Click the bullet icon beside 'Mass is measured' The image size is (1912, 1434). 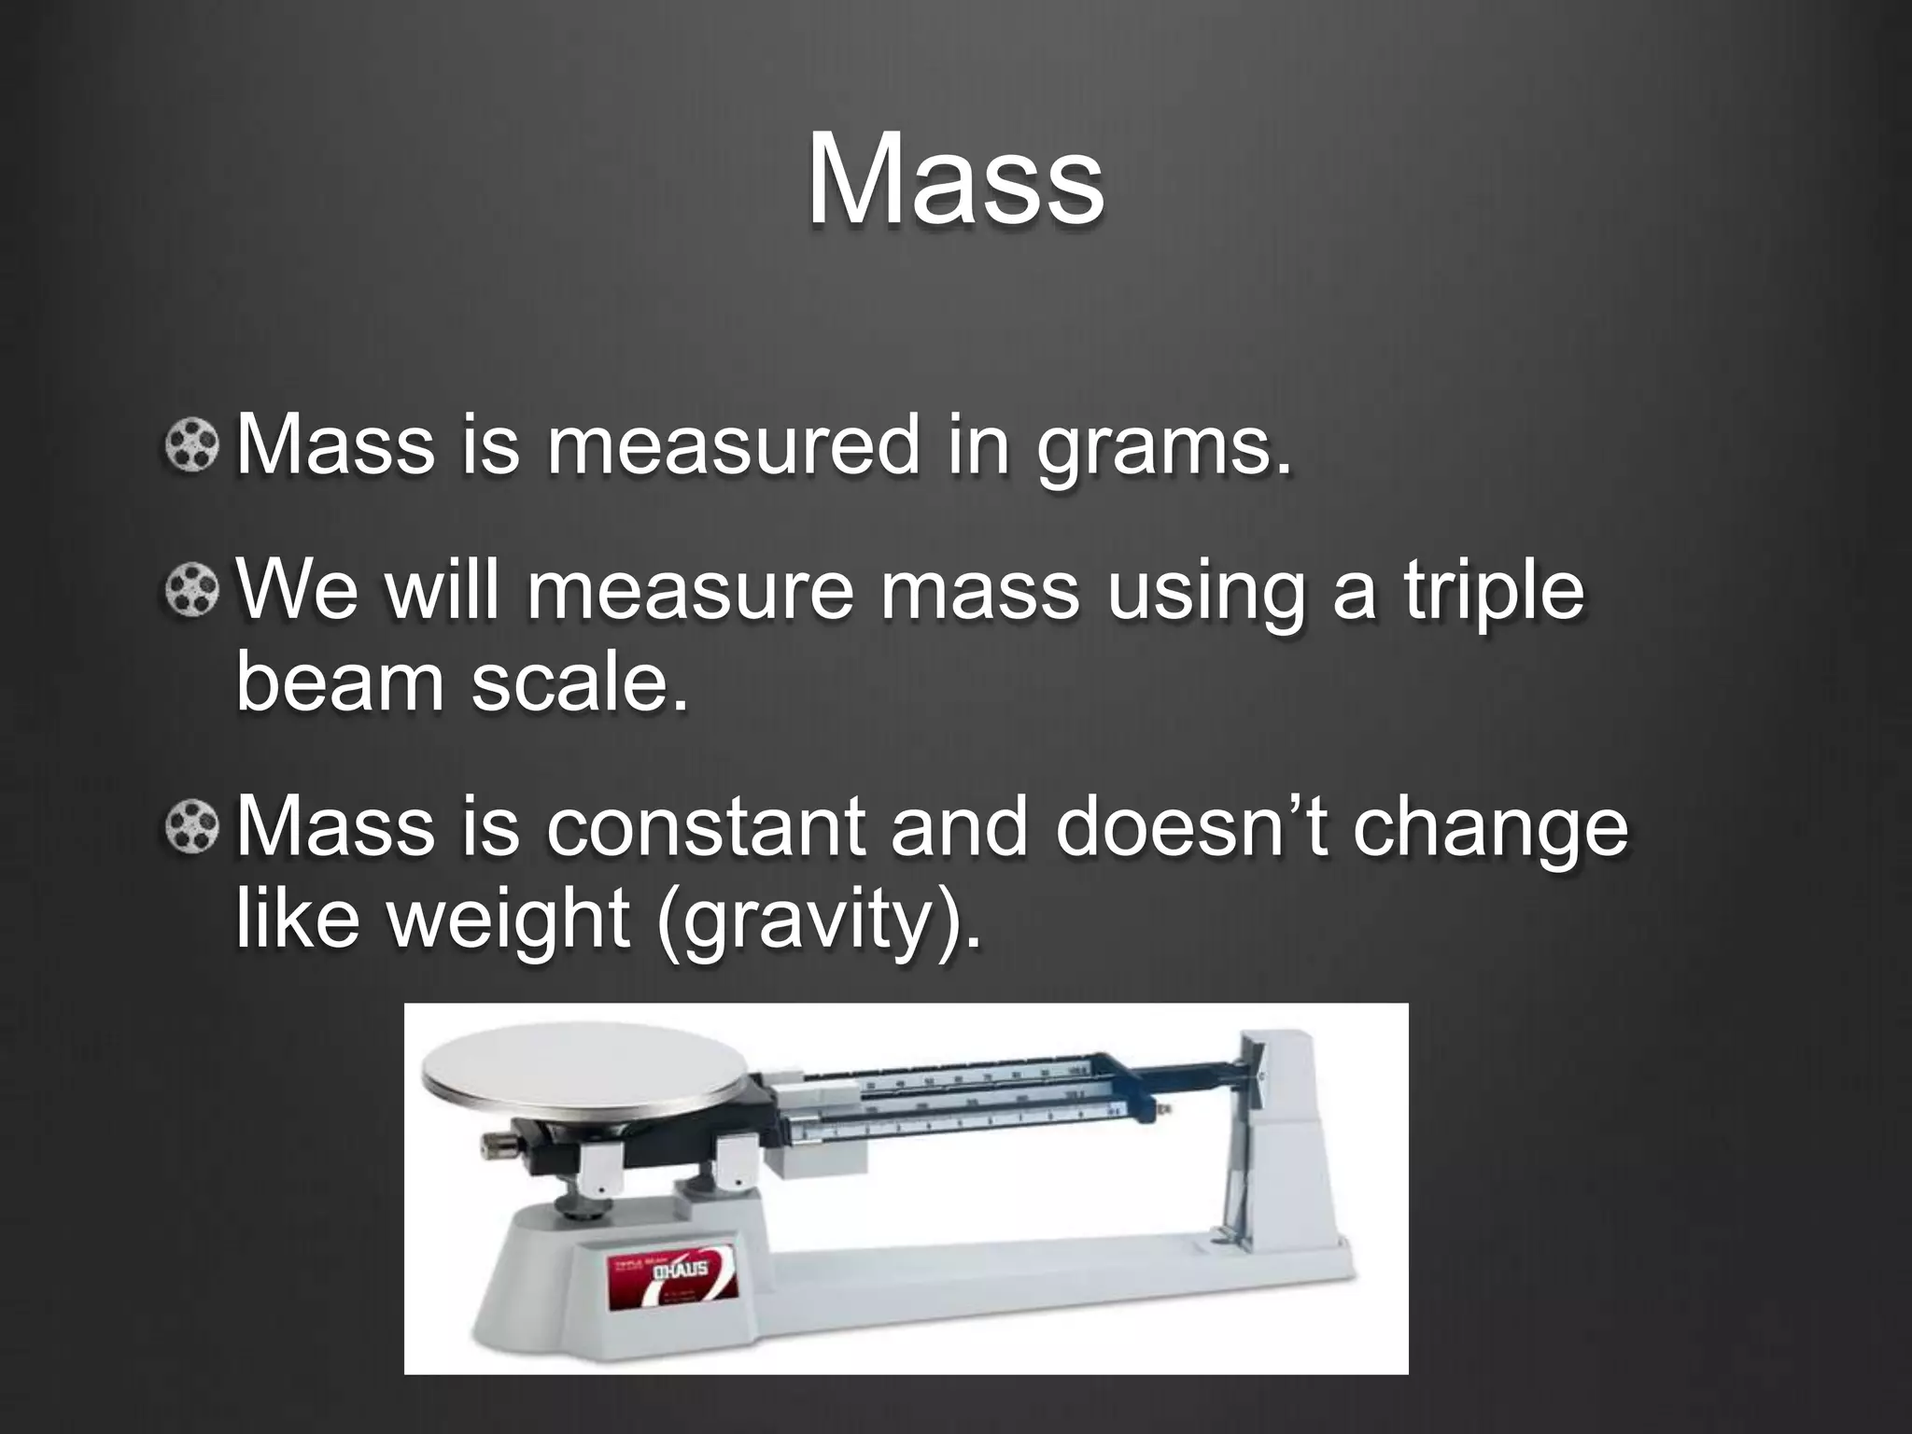tap(192, 446)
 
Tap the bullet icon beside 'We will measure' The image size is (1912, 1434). tap(192, 591)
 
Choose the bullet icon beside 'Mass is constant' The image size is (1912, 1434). tap(192, 826)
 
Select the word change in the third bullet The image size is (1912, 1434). tap(1490, 828)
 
